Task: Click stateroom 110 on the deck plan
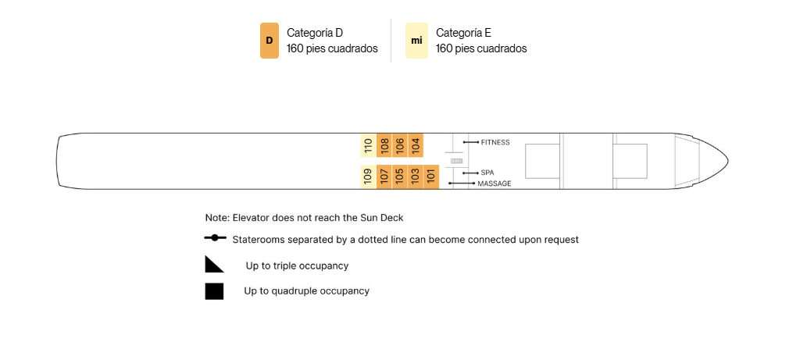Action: point(369,146)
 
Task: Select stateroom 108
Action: point(384,146)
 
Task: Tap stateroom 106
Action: point(400,146)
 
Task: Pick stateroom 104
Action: point(416,146)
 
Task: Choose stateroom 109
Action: point(369,177)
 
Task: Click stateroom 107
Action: point(384,177)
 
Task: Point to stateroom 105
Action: point(400,177)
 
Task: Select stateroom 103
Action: point(416,177)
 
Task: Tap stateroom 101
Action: point(431,177)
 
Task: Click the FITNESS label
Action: point(495,142)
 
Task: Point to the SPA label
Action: point(487,173)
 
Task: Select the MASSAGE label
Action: point(494,184)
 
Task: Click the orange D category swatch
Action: point(270,41)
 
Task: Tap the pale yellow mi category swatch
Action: point(416,41)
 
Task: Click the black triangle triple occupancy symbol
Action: point(214,264)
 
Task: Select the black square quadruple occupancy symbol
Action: point(214,291)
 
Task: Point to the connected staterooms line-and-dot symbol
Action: point(215,237)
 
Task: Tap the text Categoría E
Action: point(463,33)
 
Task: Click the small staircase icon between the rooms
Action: point(456,161)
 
